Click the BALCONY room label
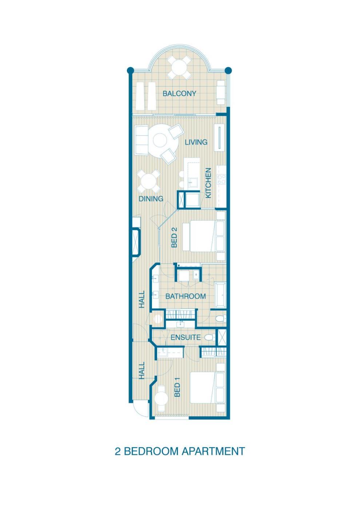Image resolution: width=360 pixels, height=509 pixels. click(179, 93)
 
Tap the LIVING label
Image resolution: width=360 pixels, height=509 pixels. click(196, 142)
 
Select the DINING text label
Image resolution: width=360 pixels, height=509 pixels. click(151, 199)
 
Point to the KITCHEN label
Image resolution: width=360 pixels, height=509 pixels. click(208, 183)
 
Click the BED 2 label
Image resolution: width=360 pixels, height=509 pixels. click(174, 240)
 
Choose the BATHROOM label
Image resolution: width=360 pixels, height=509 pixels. click(186, 296)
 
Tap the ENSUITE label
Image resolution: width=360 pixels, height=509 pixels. click(186, 337)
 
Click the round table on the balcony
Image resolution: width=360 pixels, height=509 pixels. click(179, 68)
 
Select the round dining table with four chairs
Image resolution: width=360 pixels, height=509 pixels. click(148, 181)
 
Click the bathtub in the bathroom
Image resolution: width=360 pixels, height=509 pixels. click(220, 295)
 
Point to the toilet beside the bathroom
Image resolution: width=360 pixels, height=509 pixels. click(220, 319)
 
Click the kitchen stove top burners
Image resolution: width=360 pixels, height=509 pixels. click(221, 179)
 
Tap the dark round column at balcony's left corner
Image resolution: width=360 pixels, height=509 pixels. click(130, 70)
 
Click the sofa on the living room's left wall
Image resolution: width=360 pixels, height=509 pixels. click(141, 140)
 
